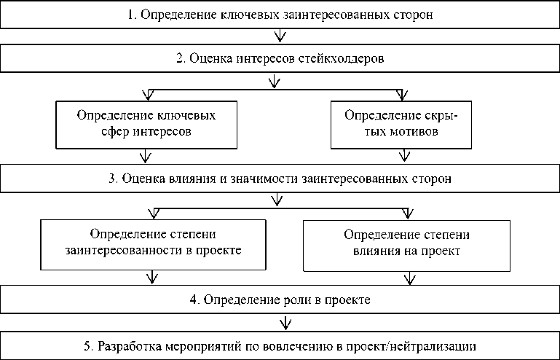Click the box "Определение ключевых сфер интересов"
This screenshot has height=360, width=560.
(146, 124)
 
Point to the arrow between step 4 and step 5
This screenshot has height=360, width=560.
(285, 321)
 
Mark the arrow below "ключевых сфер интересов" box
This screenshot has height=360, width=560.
(148, 156)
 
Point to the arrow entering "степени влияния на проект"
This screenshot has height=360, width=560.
(407, 213)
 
